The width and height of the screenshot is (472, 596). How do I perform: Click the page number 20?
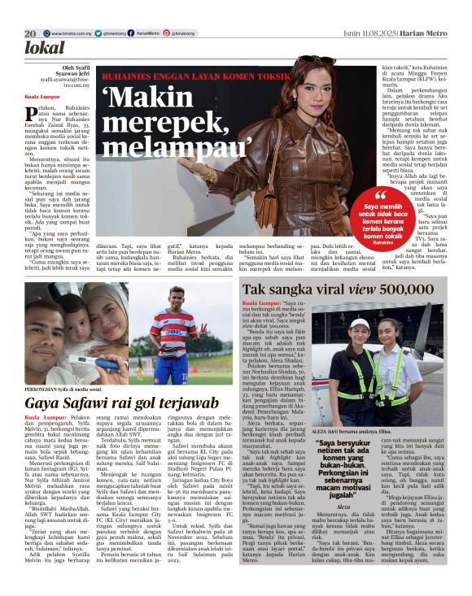pos(30,33)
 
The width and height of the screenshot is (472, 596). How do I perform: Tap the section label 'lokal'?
pos(44,48)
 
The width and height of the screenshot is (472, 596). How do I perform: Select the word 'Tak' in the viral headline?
pos(256,289)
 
